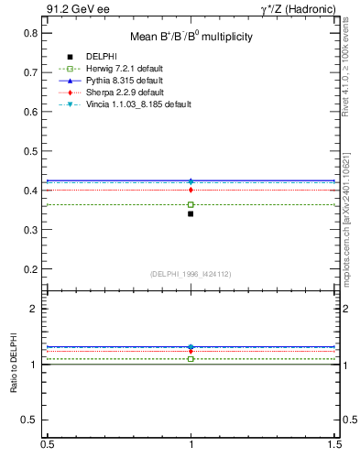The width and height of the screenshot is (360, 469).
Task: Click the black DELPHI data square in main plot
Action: coord(191,213)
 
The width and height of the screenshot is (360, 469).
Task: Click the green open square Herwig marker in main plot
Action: coord(191,204)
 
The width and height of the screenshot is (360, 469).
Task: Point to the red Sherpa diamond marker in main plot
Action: coord(191,190)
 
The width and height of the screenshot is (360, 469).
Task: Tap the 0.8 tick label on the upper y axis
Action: coord(31,33)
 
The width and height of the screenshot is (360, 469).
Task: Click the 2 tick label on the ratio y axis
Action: coord(34,309)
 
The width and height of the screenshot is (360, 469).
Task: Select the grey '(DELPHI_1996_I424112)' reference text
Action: coord(191,273)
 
